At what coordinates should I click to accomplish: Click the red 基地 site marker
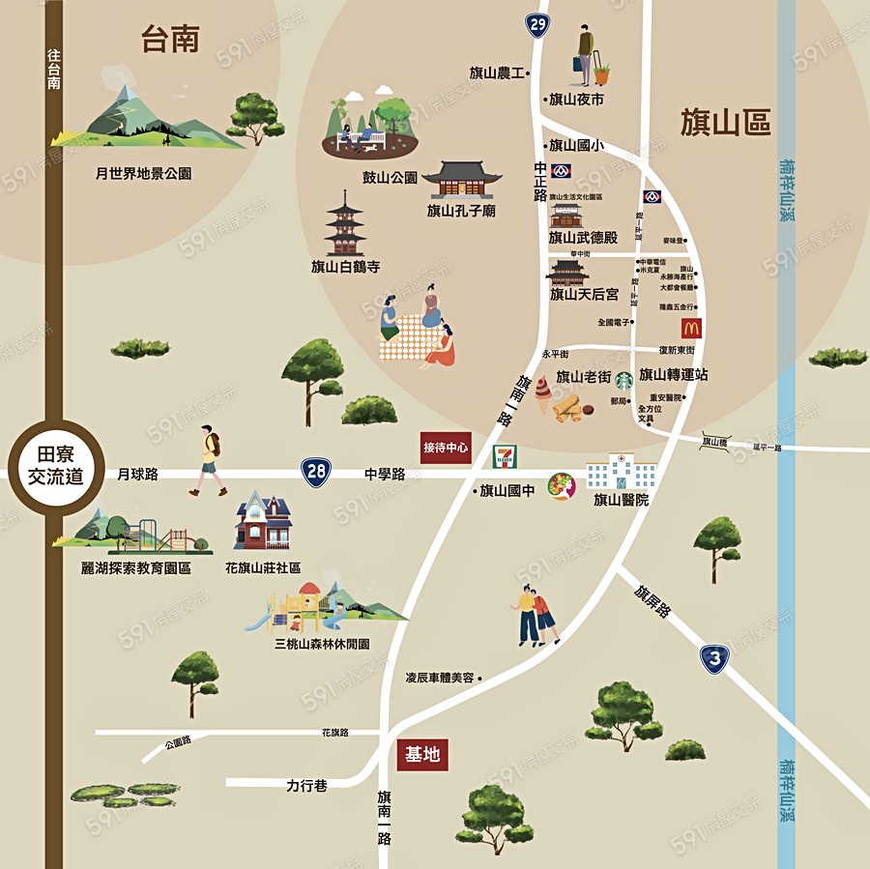pos(423,754)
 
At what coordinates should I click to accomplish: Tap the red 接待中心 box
pos(446,448)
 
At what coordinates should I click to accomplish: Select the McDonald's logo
pos(690,329)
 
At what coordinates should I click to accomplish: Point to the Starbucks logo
pos(623,381)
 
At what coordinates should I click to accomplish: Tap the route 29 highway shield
pos(537,24)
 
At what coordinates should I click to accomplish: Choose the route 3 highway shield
pos(713,659)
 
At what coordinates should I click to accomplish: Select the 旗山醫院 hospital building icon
pos(621,473)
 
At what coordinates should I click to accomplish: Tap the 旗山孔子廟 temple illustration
pos(462,180)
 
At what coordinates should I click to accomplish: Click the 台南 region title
pos(170,40)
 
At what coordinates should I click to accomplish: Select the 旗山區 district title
pos(725,123)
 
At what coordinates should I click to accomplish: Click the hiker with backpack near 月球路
pos(209,460)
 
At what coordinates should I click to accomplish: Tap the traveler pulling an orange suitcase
pos(592,57)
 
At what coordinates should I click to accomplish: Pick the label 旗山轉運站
pos(674,375)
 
